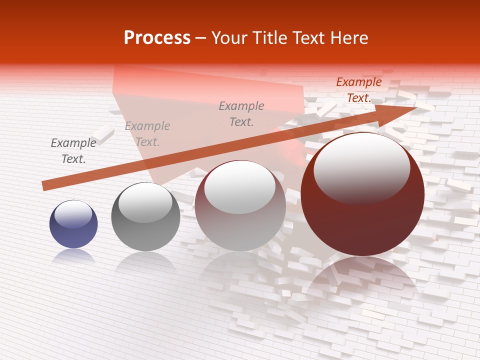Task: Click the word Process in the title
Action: point(157,38)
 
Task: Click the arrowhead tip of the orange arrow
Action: point(415,107)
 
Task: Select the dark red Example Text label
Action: point(359,90)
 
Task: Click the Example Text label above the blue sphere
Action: point(73,151)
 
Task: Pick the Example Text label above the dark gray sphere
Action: point(147,134)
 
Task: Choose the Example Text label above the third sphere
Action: point(241,113)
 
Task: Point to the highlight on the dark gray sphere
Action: point(145,202)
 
